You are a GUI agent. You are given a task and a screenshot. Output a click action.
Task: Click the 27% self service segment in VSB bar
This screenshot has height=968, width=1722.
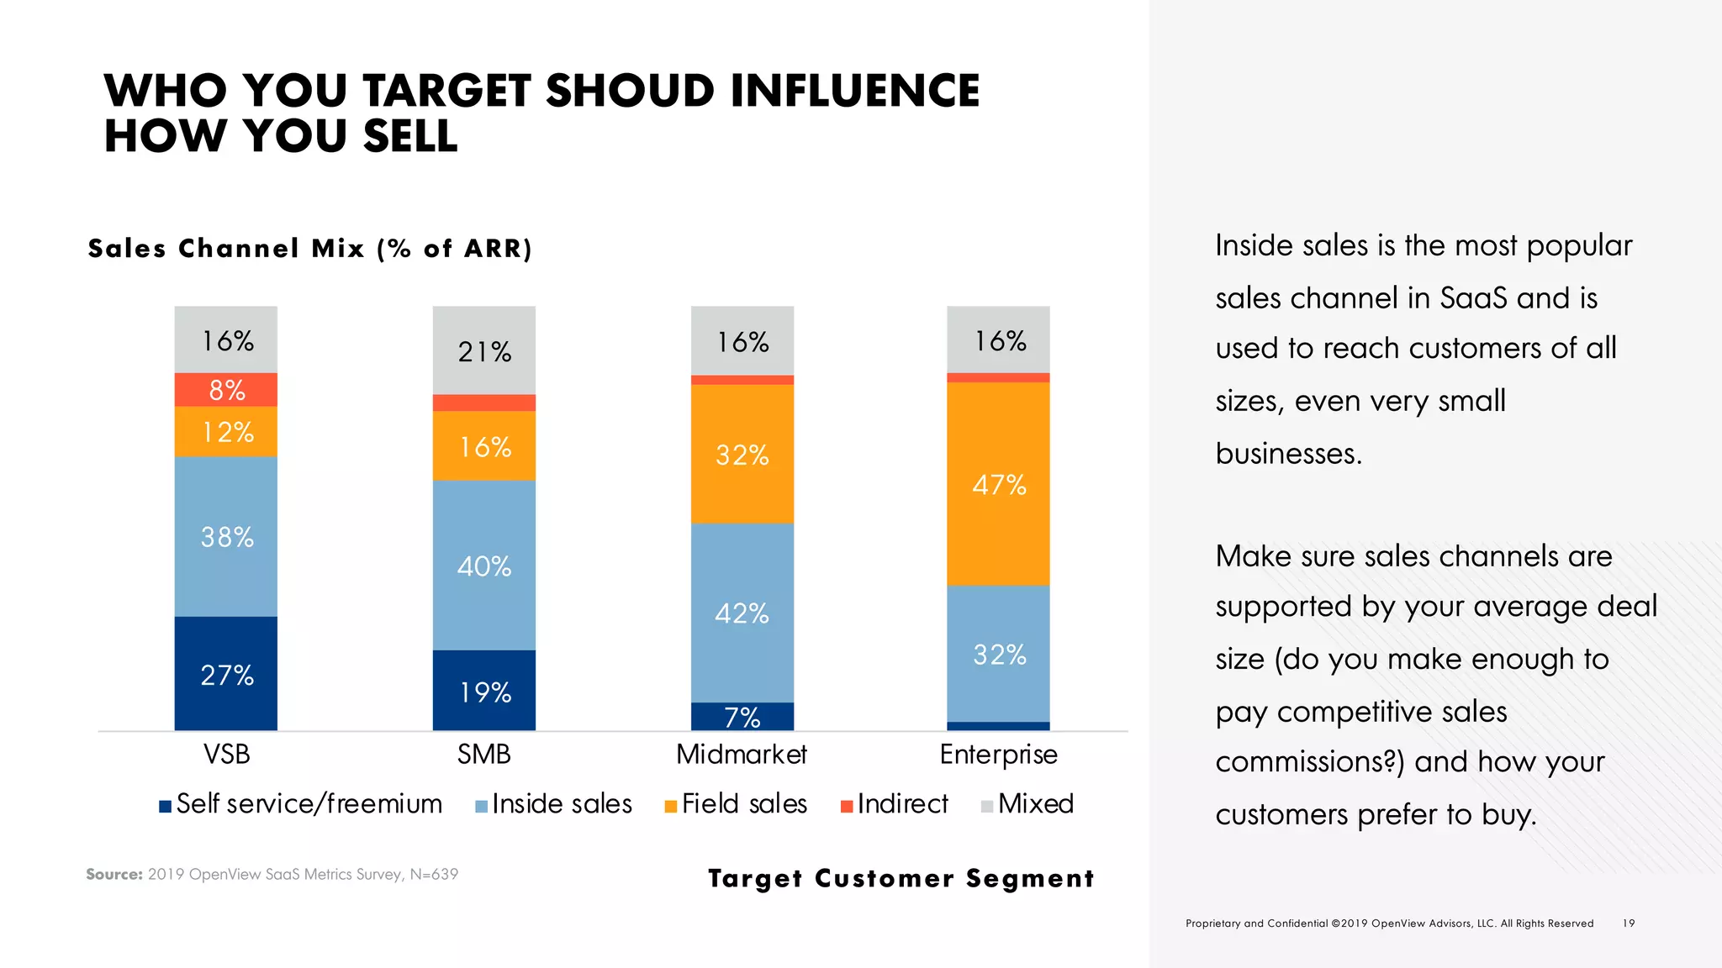click(226, 674)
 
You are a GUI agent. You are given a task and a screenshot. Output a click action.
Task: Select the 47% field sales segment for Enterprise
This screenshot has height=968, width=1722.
click(998, 484)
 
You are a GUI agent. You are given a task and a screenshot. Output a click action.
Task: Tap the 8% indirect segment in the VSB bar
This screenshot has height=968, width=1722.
click(226, 390)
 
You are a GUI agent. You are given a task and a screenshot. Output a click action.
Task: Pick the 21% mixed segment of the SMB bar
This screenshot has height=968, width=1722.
click(483, 350)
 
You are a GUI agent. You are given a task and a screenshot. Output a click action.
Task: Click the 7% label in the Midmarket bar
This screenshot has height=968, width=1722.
click(742, 718)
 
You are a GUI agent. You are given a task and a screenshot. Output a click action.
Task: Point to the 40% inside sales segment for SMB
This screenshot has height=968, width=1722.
click(483, 566)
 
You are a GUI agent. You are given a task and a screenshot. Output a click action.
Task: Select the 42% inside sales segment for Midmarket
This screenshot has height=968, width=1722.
click(742, 613)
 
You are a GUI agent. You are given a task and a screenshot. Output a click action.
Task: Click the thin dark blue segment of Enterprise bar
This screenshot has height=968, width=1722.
click(998, 726)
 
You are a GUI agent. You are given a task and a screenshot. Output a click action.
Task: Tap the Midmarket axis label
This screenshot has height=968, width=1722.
click(741, 755)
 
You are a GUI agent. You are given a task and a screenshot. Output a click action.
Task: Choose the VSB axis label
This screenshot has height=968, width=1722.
click(226, 755)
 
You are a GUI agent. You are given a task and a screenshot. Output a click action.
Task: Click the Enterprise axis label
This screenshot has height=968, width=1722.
click(998, 755)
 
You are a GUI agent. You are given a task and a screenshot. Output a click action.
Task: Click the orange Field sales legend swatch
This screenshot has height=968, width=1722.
click(671, 807)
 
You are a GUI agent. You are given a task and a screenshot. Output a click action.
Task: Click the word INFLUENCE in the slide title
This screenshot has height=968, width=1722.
click(854, 91)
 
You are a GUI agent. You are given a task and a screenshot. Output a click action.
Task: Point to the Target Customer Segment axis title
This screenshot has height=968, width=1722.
click(901, 878)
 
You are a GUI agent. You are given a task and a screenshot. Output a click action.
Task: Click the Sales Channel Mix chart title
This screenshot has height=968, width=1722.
click(310, 249)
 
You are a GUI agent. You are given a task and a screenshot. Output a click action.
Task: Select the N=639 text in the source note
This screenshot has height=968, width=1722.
click(434, 874)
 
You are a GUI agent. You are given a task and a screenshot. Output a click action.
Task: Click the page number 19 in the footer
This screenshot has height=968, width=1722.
click(1629, 923)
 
